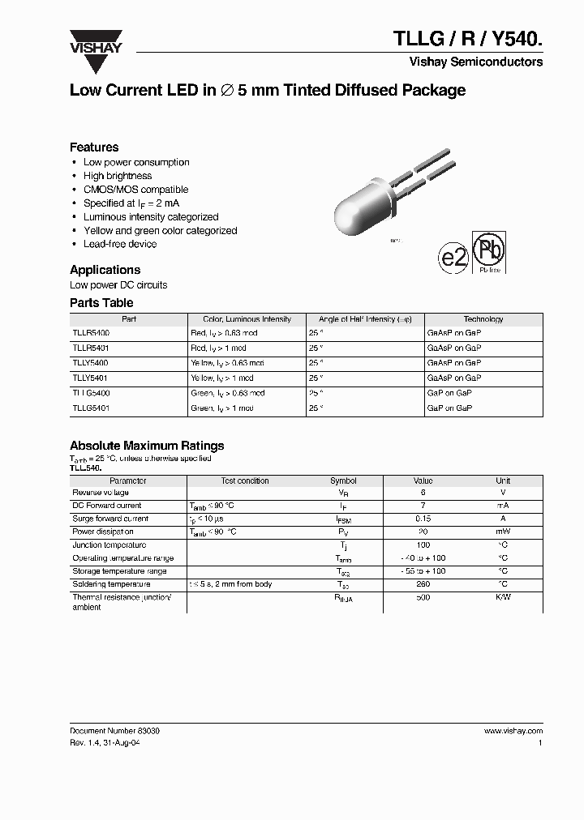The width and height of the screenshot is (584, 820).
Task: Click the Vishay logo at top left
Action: [x=95, y=42]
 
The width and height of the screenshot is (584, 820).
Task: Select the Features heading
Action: [x=94, y=147]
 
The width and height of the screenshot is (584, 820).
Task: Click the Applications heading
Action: [x=105, y=270]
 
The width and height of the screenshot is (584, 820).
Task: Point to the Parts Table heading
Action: [x=101, y=303]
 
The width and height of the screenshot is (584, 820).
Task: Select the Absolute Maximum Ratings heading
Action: [x=147, y=446]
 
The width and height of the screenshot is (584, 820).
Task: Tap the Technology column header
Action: [x=483, y=319]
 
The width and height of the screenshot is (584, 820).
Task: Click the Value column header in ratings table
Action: [x=423, y=480]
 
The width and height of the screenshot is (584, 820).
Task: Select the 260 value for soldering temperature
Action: [x=423, y=584]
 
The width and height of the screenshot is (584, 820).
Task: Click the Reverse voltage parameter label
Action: [x=102, y=493]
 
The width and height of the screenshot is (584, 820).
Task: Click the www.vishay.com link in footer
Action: [x=513, y=731]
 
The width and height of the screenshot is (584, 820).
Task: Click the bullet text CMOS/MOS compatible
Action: [x=135, y=190]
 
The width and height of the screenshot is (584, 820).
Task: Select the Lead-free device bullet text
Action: [x=120, y=244]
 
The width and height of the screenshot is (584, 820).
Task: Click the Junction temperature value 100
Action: [x=423, y=545]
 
